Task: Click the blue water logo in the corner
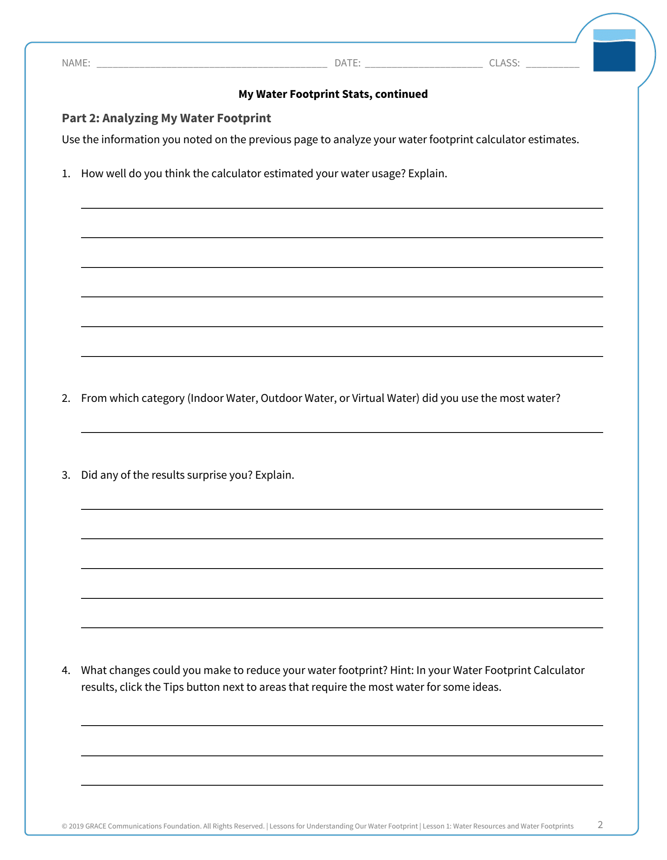tap(614, 50)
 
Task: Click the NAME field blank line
tap(212, 65)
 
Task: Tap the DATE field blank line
tap(423, 65)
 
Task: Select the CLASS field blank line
tap(552, 65)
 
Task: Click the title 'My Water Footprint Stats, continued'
tap(333, 94)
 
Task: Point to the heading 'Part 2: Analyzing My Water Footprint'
tap(166, 118)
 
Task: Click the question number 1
tap(66, 174)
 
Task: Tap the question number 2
tap(66, 398)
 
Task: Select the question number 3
tap(66, 475)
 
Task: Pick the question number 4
tap(66, 670)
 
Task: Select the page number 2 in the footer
tap(600, 825)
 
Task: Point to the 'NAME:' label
tap(76, 63)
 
